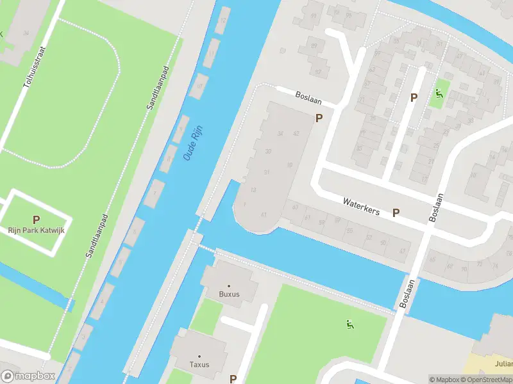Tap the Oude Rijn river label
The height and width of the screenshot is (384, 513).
coord(191,144)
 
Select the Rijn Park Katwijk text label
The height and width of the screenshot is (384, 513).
coord(36,230)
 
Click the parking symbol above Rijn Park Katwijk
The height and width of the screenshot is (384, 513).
coord(36,219)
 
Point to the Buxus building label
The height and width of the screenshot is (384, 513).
coord(228,294)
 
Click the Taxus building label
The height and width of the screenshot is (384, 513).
coord(199,365)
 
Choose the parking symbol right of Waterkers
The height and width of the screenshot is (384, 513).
coord(396,213)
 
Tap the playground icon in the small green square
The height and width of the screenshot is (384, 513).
coord(439,94)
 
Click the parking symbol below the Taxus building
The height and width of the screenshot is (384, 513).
coord(233,379)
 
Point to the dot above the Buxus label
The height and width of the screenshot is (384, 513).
coord(228,286)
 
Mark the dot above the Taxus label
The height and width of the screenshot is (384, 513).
coord(199,356)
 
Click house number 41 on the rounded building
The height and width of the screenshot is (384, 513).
coord(264,214)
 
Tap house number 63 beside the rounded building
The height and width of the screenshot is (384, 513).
coord(295,207)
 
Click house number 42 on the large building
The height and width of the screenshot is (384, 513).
coord(296,134)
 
